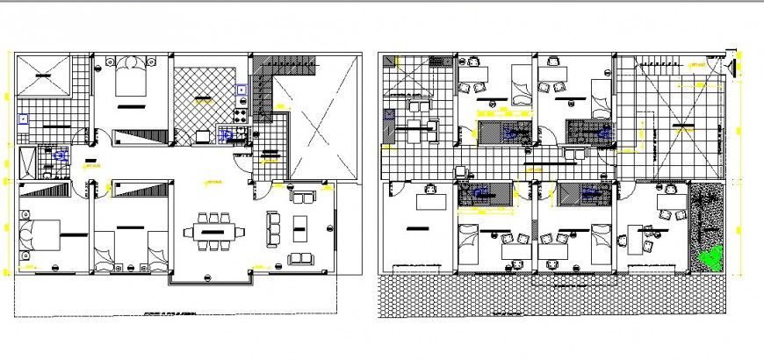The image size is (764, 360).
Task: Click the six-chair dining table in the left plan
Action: [215, 232]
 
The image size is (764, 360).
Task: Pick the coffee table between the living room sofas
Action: [300, 227]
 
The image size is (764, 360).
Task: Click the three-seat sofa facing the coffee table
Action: [273, 228]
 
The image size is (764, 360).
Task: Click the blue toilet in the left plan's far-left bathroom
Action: [61, 155]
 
